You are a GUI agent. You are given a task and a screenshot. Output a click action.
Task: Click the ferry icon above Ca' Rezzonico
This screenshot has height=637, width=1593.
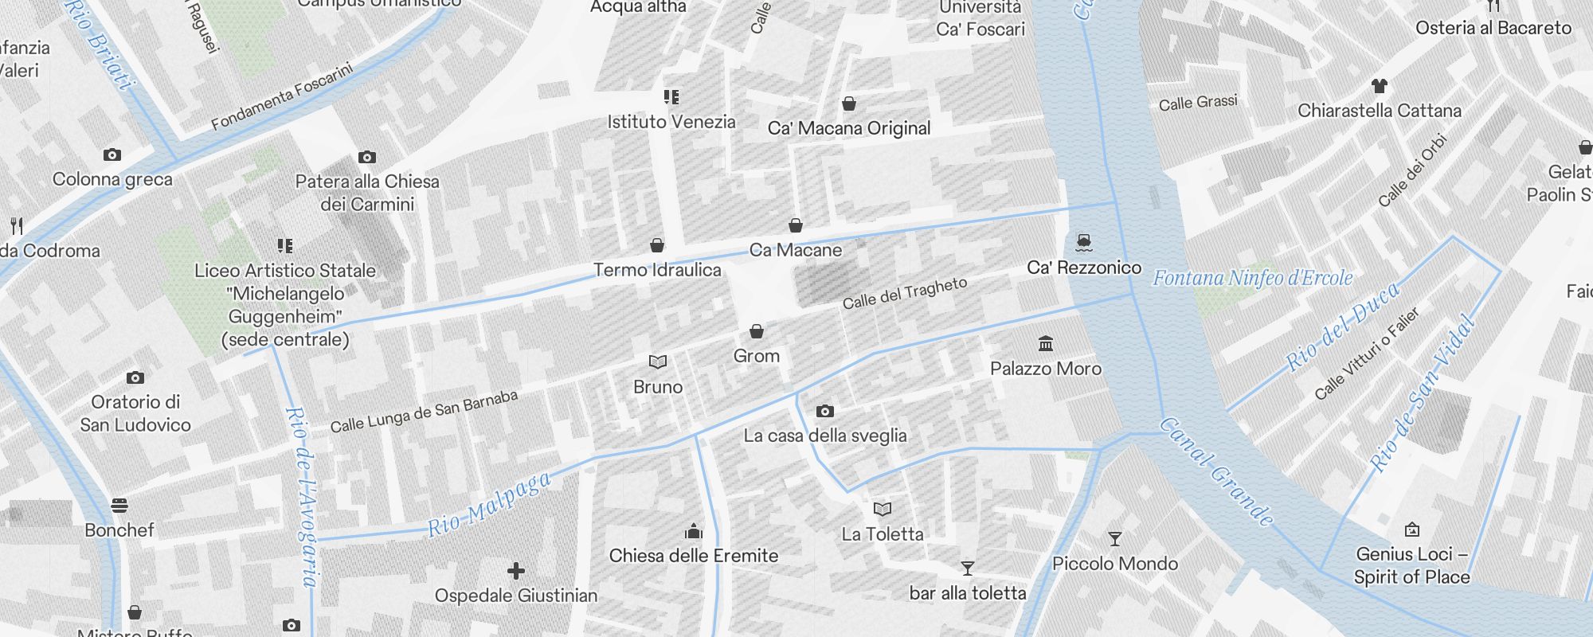coord(1083,242)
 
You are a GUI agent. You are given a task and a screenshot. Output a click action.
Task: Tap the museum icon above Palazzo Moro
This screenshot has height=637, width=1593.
coord(1046,343)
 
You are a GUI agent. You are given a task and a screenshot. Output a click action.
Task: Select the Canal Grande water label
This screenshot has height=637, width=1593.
coord(1215,472)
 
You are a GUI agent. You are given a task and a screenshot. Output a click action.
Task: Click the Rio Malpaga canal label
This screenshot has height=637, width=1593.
coord(489,505)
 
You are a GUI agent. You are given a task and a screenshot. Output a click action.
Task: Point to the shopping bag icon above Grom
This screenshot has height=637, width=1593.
coord(757,330)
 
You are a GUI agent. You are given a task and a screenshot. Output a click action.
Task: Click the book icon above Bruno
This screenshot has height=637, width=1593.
coord(658,362)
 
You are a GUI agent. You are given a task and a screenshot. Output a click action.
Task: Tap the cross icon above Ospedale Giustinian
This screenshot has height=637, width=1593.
coord(516,570)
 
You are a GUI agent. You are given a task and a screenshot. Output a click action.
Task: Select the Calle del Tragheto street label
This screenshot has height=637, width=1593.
coord(905,293)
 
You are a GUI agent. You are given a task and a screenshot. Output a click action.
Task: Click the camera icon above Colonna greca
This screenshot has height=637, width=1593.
coord(112,154)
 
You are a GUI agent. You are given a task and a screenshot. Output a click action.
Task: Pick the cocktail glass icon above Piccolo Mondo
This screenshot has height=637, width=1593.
coord(1115,539)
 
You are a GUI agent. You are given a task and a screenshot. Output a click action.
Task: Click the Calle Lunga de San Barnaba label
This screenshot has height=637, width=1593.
coord(424,412)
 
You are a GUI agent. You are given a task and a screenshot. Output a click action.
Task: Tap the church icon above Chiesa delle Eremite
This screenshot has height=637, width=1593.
coord(694,531)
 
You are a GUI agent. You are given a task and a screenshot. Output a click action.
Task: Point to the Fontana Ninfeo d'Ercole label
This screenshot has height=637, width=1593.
coord(1253,278)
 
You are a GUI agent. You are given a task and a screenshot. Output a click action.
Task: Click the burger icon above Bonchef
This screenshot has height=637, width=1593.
coord(119,505)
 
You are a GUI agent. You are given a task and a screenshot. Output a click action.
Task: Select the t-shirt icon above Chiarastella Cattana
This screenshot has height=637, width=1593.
coord(1380,86)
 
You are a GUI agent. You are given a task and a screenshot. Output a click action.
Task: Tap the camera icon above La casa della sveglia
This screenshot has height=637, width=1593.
coord(825,411)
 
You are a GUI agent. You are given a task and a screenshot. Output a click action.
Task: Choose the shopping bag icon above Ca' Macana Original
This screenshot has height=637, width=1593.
coord(849,104)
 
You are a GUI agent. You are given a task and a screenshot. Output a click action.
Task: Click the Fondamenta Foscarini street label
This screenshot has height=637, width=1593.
coord(282,96)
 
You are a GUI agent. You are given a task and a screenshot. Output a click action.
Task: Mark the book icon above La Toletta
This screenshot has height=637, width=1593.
coord(883,509)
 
